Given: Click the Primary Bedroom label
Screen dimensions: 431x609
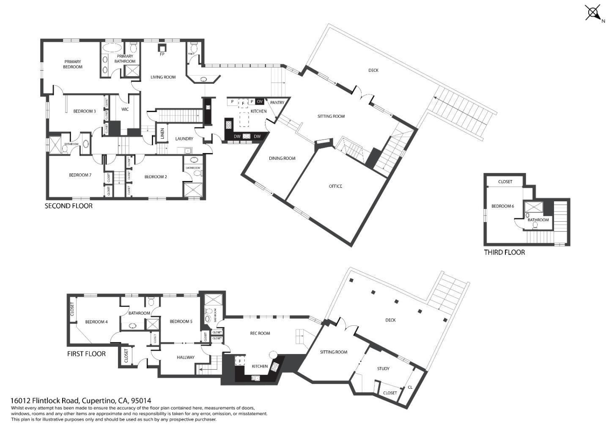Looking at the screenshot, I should point(73,64).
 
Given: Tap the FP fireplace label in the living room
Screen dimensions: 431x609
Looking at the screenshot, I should point(162,55).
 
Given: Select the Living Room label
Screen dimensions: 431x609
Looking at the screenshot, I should point(163,77).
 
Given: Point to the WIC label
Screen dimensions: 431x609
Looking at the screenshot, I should point(125,110).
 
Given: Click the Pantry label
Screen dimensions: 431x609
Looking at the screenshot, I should point(277,103).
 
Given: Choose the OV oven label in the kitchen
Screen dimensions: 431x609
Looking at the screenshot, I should point(260,102).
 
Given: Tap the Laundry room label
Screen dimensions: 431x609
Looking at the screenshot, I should point(184,139).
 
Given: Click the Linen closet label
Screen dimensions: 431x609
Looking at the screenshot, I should point(162,134).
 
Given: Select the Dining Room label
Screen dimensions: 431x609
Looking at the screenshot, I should point(282,159).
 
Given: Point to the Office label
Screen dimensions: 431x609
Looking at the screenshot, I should point(335,187).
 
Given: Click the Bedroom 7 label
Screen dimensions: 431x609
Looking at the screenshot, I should point(80,175).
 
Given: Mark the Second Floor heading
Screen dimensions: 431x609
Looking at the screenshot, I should point(69,206).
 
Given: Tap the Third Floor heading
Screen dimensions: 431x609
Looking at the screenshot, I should point(504,253).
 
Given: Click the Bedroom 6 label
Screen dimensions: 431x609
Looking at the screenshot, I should point(502,206).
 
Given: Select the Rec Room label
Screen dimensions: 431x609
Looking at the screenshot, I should point(260,333).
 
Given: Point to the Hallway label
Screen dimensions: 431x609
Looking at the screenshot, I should point(186,357).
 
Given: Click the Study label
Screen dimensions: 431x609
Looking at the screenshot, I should point(383,369).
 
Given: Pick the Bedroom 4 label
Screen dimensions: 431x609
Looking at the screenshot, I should point(96,322).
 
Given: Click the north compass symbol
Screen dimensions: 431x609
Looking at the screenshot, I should point(593,12).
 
